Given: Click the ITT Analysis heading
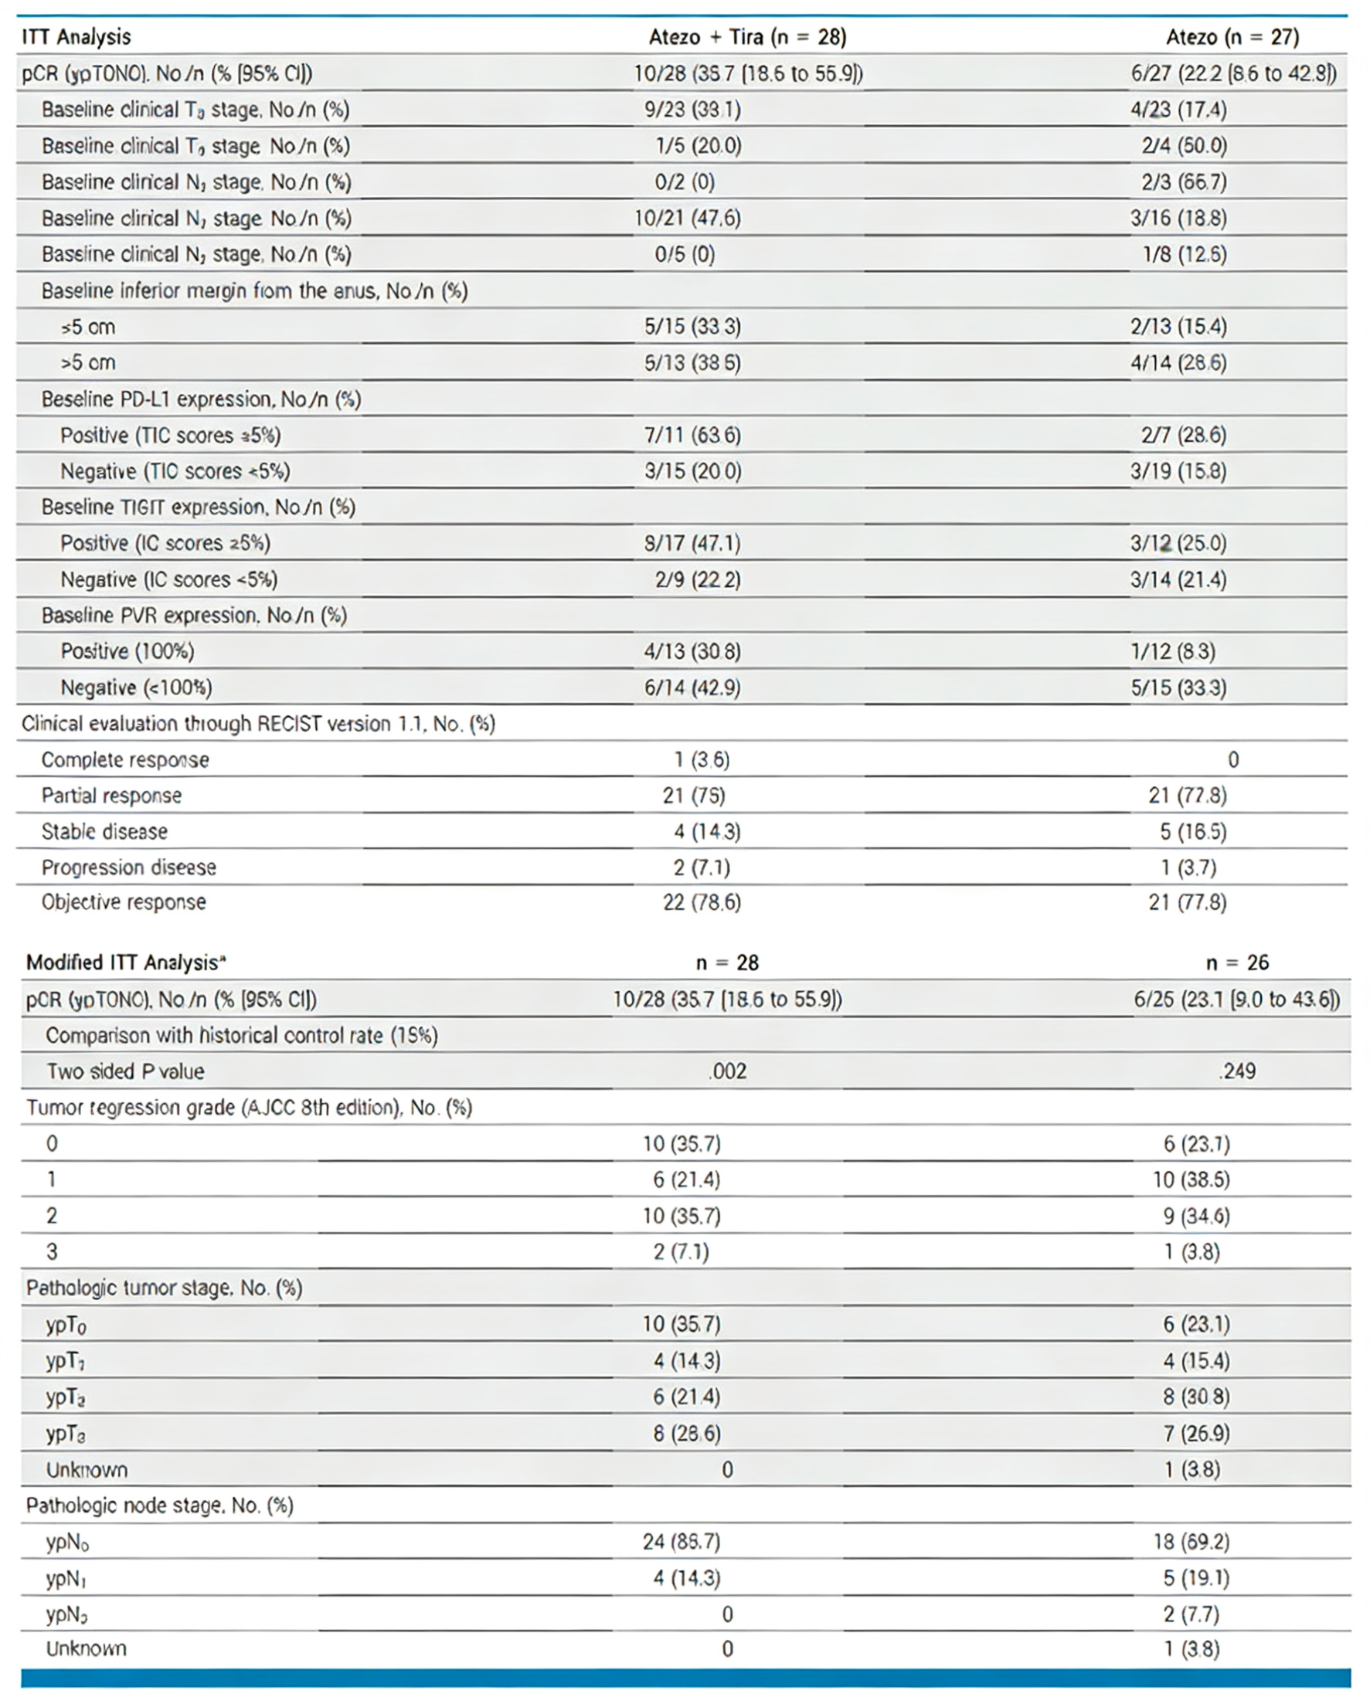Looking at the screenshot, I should point(76,37).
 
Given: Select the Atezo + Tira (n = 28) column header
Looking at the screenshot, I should point(746,37).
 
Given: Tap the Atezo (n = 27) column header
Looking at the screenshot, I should point(1232,37).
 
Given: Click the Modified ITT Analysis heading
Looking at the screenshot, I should point(125,962).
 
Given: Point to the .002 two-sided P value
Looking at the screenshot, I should point(727,1071).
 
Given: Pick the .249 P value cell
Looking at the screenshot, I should point(1236,1071).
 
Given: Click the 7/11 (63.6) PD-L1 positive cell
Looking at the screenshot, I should point(692,436).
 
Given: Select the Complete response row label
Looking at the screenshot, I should point(124,760).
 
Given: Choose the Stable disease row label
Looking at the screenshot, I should point(104,832).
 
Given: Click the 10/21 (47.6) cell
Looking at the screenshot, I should point(688,219).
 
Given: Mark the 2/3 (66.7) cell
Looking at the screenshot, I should point(1183,182).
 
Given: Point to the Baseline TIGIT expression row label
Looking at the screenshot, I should point(198,507).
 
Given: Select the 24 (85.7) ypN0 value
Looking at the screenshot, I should point(681,1541).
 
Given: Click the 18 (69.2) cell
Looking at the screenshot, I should point(1196,1541).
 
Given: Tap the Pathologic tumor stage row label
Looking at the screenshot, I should point(163,1288).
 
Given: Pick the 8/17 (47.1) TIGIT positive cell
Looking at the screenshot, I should point(692,544).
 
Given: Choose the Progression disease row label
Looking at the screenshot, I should point(127,868).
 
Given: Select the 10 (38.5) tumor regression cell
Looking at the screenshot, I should point(1191,1180).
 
